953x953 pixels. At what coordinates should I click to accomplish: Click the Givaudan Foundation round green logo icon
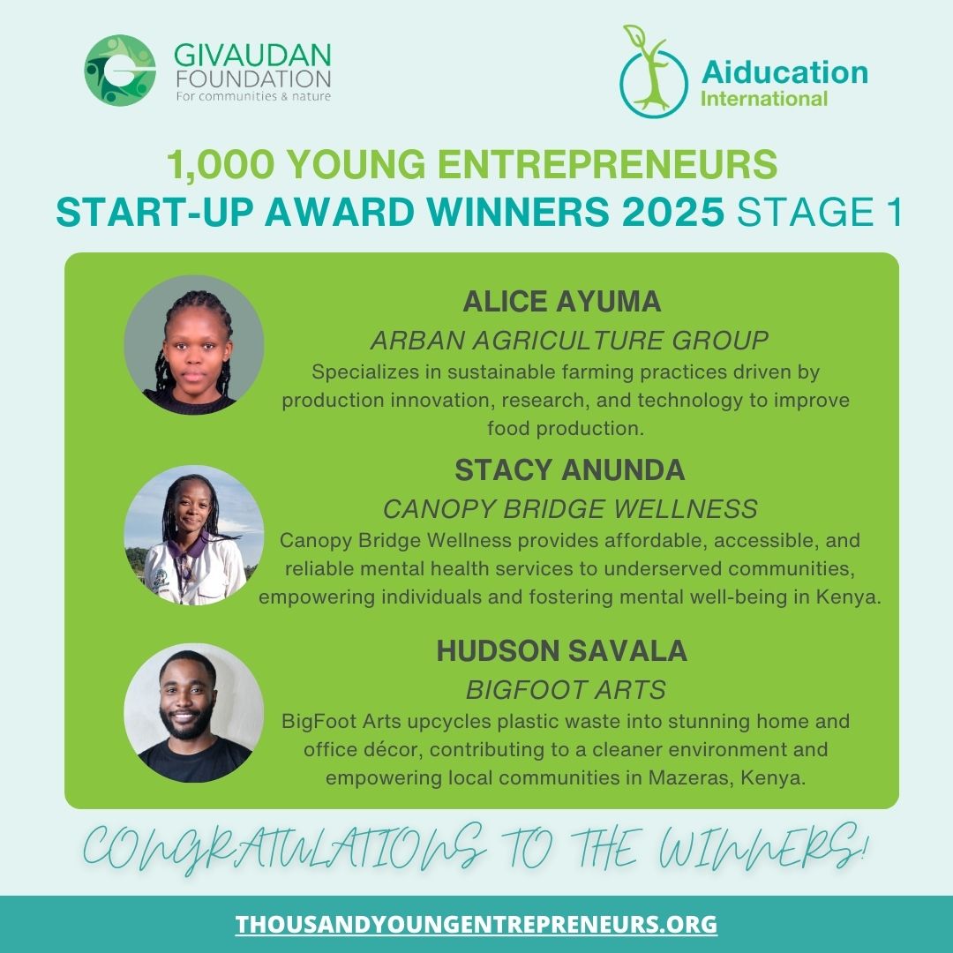(x=120, y=71)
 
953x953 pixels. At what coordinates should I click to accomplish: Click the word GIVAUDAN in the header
(x=252, y=55)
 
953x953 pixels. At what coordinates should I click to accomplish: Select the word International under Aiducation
(x=763, y=98)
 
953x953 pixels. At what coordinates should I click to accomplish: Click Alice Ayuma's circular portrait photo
(x=194, y=345)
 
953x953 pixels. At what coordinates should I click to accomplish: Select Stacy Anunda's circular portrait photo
(x=194, y=535)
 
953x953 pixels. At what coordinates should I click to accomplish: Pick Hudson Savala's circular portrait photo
(x=194, y=713)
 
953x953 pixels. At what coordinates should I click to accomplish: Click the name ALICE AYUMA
(x=562, y=302)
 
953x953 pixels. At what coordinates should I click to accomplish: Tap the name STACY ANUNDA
(x=569, y=471)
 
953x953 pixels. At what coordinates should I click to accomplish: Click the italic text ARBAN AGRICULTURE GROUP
(x=569, y=340)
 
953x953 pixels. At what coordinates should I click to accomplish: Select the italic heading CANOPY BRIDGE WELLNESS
(x=570, y=509)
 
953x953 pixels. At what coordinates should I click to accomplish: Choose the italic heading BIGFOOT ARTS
(x=566, y=689)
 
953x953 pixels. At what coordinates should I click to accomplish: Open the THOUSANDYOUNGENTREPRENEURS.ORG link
(x=476, y=924)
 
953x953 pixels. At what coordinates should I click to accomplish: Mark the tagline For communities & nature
(x=253, y=96)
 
